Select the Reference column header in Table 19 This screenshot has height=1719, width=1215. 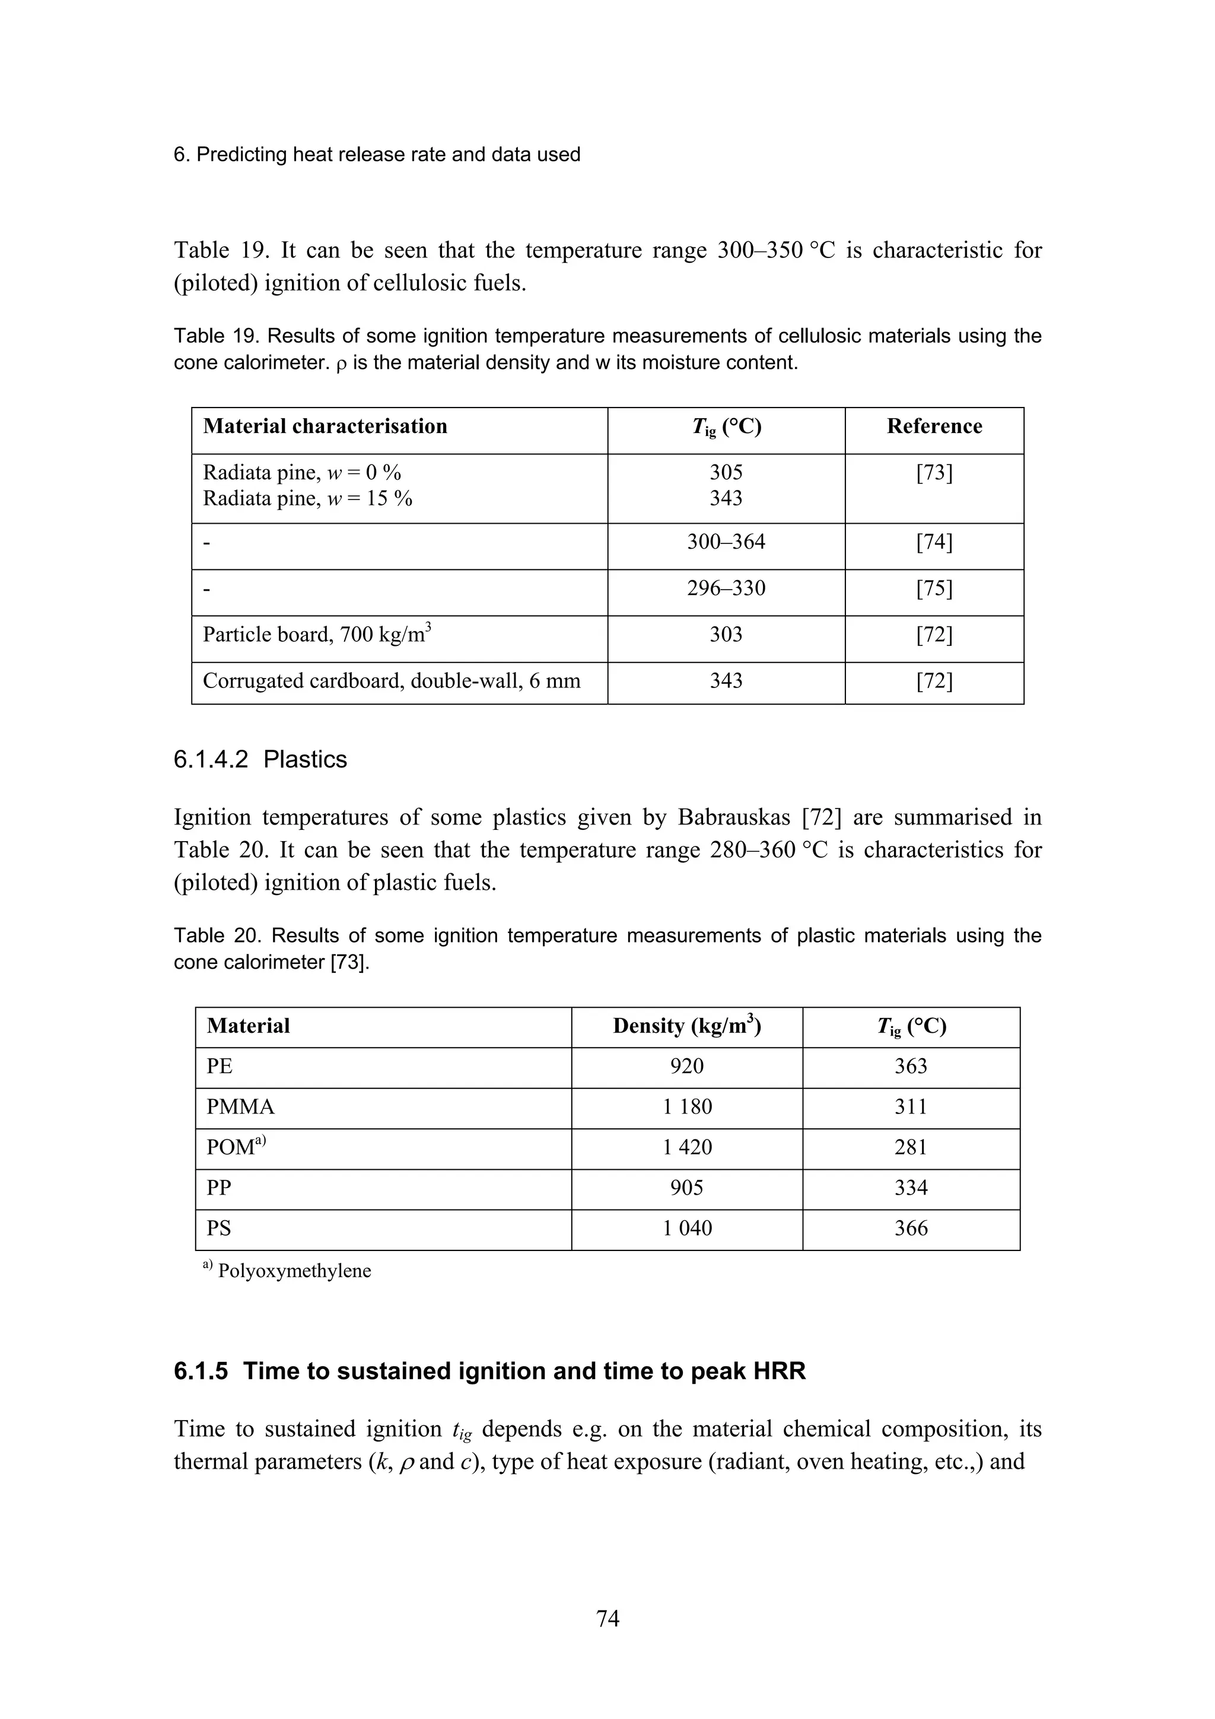pyautogui.click(x=934, y=426)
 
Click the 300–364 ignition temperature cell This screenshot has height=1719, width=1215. pyautogui.click(x=726, y=542)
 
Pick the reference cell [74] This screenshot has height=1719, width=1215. pyautogui.click(x=934, y=542)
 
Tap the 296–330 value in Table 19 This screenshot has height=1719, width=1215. pyautogui.click(x=726, y=588)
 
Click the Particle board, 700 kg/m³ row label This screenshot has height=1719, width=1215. pyautogui.click(x=317, y=635)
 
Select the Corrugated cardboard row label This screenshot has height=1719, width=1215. pyautogui.click(x=391, y=682)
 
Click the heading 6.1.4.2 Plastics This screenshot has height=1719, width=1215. pyautogui.click(x=260, y=759)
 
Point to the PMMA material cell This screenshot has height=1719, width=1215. pyautogui.click(x=240, y=1107)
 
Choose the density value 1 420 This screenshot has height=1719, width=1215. pyautogui.click(x=686, y=1147)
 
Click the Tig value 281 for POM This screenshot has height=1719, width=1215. pyautogui.click(x=910, y=1147)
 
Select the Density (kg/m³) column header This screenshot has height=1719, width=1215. pyautogui.click(x=686, y=1026)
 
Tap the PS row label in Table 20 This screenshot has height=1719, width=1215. pyautogui.click(x=218, y=1228)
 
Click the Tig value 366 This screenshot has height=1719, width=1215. pyautogui.click(x=910, y=1228)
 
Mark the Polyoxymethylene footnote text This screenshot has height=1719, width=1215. pyautogui.click(x=294, y=1271)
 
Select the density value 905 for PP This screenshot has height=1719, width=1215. pyautogui.click(x=686, y=1188)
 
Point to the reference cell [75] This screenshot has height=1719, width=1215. pyautogui.click(x=934, y=588)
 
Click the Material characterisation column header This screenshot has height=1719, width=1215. pyautogui.click(x=325, y=426)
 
